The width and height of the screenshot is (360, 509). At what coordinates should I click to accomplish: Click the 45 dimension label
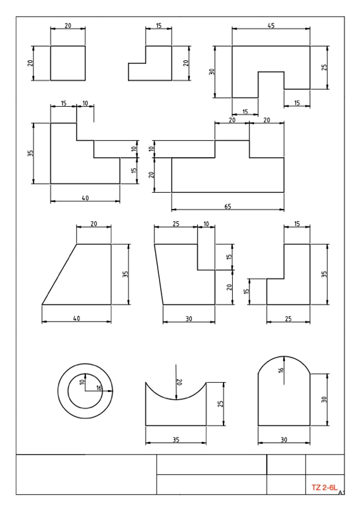(271, 25)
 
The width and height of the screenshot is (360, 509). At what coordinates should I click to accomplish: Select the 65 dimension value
(228, 206)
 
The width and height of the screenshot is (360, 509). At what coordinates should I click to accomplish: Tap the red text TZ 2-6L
(324, 488)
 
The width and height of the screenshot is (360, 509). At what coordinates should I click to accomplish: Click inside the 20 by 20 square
(68, 63)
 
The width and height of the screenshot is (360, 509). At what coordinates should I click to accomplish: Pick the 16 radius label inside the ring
(99, 387)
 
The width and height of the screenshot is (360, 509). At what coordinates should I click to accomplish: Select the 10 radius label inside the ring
(82, 382)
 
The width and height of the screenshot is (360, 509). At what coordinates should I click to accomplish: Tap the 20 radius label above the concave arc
(178, 382)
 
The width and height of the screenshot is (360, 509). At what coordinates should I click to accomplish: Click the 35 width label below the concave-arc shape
(176, 440)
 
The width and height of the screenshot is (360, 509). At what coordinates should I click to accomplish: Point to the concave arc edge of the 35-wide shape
(176, 399)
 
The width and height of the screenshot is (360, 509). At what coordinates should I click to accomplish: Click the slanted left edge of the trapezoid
(59, 274)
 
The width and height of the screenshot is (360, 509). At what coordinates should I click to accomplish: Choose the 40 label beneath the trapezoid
(76, 318)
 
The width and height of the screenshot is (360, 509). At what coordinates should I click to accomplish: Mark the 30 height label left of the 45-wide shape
(212, 72)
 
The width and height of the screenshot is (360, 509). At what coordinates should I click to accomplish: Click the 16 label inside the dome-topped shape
(281, 369)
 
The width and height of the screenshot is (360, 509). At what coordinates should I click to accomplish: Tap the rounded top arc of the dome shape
(284, 356)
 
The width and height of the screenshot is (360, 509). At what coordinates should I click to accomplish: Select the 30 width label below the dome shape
(284, 440)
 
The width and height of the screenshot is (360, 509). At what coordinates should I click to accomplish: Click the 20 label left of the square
(30, 63)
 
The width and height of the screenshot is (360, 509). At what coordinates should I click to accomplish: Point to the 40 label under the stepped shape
(85, 198)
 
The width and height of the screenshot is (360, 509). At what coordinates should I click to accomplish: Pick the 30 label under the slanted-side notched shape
(189, 319)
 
